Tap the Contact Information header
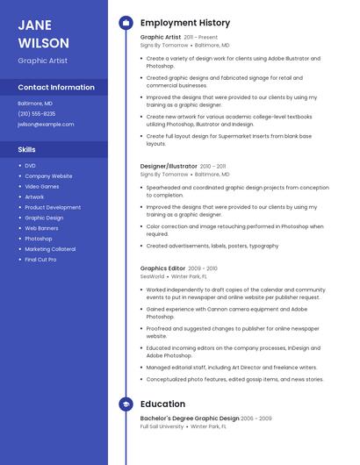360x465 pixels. (56, 87)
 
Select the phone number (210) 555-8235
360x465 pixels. (36, 113)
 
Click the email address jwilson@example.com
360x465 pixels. (46, 124)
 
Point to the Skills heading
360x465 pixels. (26, 149)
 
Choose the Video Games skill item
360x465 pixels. (42, 186)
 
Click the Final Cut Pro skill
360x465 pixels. (40, 260)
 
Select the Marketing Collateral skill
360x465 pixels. (50, 249)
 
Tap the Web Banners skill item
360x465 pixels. (42, 228)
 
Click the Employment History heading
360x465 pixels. (185, 23)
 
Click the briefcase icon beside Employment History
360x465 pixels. (126, 23)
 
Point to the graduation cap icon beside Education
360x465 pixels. (126, 404)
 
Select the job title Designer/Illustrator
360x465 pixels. (169, 165)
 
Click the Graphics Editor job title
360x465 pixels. (162, 268)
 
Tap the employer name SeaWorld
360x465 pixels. (152, 276)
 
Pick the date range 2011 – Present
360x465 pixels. (200, 37)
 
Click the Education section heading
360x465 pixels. (162, 404)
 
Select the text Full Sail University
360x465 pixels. (162, 426)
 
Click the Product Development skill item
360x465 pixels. (53, 207)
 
